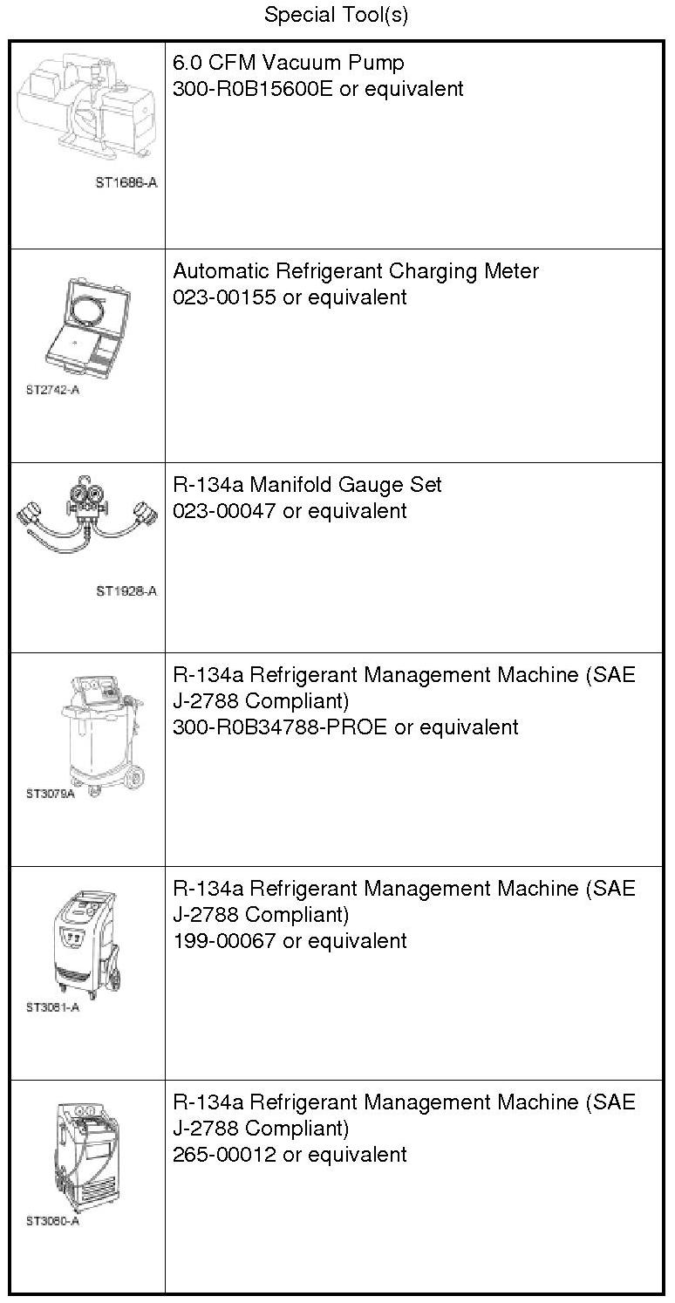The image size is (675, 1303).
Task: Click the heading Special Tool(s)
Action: click(337, 15)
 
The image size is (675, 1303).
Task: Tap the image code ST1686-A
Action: click(126, 183)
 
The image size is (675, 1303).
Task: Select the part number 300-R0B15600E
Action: click(253, 89)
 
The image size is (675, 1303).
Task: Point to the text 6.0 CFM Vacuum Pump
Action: click(289, 63)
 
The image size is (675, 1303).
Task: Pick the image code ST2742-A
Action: click(52, 390)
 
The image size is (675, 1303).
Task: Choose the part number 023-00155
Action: click(224, 297)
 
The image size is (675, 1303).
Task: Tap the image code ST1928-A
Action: click(126, 591)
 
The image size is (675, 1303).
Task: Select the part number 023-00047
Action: click(224, 511)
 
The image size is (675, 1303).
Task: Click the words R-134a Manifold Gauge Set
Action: click(308, 485)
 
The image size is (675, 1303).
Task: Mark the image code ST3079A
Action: click(50, 795)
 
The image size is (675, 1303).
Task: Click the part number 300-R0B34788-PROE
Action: click(280, 727)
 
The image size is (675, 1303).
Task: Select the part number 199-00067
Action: click(224, 941)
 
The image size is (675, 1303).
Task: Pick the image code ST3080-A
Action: click(52, 1221)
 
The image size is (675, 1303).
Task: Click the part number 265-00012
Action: click(224, 1155)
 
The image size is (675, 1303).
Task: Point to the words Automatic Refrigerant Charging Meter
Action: click(356, 271)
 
